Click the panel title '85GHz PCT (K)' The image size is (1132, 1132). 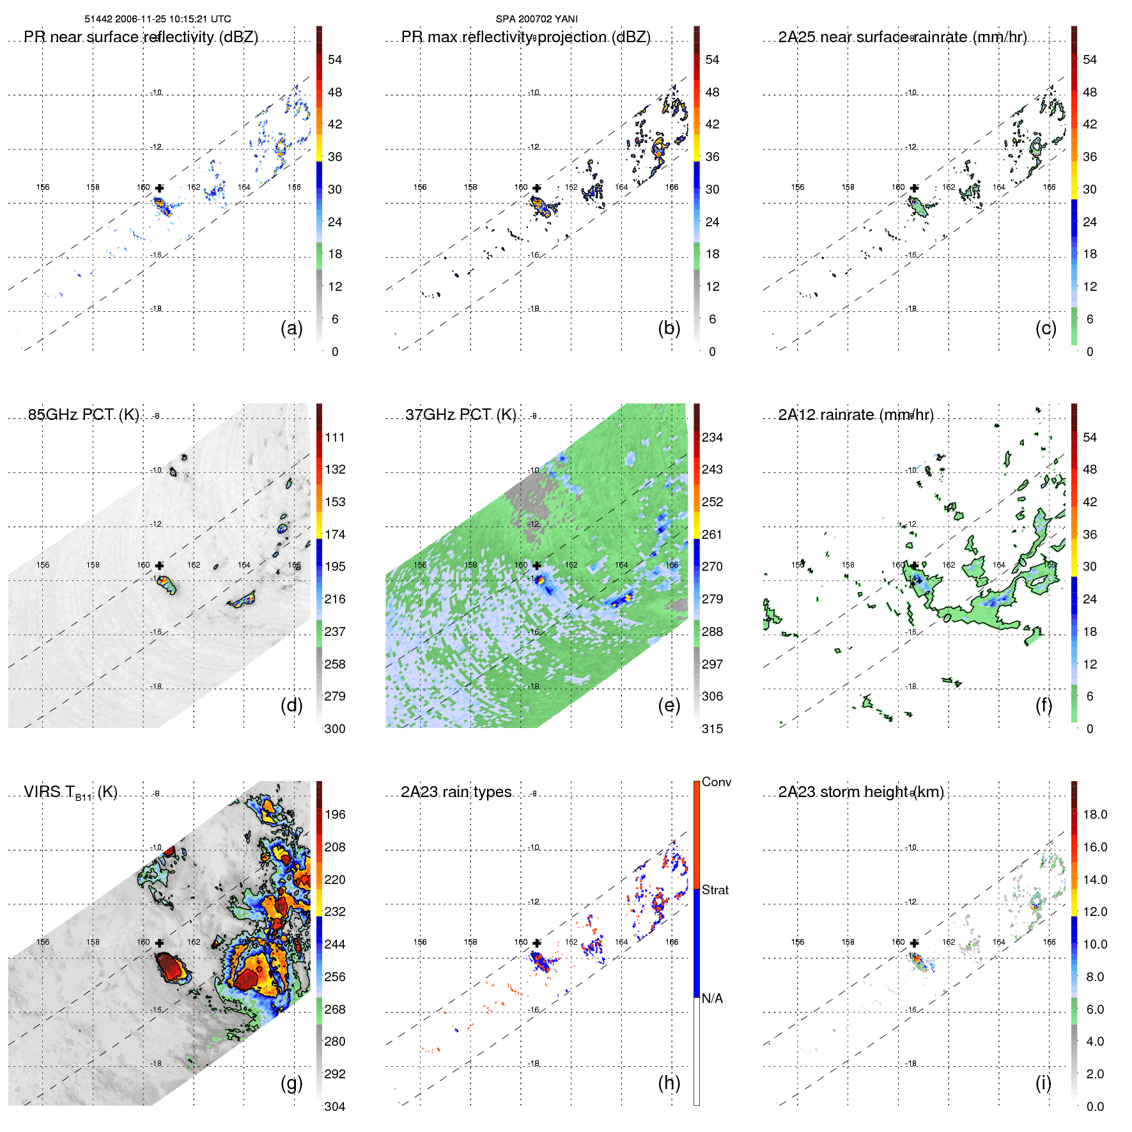(83, 414)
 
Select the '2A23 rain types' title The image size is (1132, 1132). (456, 792)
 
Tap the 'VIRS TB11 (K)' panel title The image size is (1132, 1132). (70, 793)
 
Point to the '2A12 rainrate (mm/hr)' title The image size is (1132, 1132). (855, 414)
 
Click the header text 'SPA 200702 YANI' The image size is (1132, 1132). (536, 19)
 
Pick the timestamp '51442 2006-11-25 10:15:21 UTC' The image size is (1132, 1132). (158, 19)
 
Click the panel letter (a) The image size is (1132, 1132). (291, 328)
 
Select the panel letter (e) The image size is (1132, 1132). (669, 705)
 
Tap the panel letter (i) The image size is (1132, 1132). (1043, 1083)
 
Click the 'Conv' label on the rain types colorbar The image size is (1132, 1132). (716, 782)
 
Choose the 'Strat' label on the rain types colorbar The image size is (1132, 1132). (715, 890)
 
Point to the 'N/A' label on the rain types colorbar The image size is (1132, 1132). (712, 998)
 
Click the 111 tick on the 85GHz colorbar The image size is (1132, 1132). (334, 437)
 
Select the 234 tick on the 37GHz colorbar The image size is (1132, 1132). (712, 437)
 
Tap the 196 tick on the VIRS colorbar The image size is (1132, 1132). (334, 814)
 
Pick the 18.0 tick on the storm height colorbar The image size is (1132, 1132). (1094, 814)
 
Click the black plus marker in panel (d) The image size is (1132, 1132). (159, 566)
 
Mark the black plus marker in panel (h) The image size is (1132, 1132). (537, 943)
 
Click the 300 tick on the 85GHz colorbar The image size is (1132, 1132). (334, 729)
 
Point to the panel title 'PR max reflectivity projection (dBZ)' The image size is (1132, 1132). (525, 37)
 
